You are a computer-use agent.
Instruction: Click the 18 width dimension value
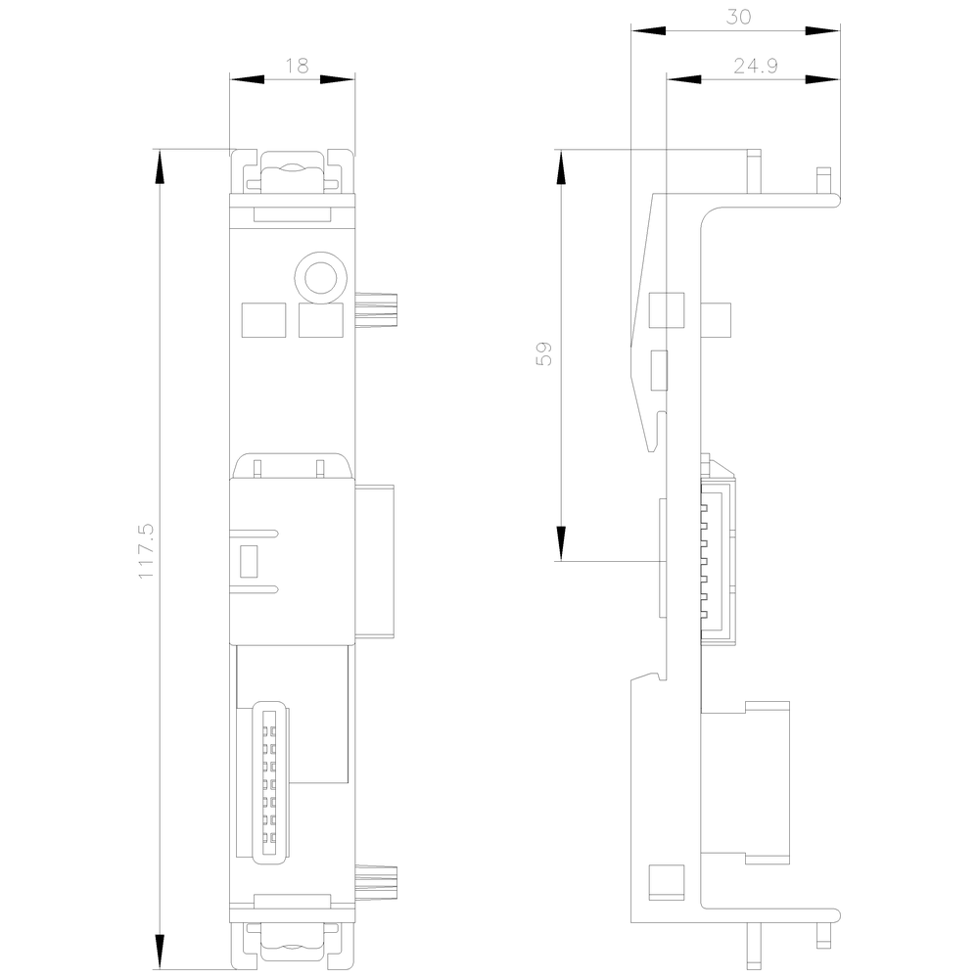point(298,66)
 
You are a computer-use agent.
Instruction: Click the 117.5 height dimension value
point(146,551)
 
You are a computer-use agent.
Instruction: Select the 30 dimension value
point(738,17)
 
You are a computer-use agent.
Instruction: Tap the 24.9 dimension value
point(756,66)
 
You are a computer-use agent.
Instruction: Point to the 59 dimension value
point(543,353)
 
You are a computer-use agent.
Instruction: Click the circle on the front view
point(320,278)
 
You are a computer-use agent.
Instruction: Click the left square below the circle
point(263,320)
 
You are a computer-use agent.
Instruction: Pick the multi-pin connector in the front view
point(269,781)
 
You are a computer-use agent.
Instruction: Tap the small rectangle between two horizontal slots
point(249,561)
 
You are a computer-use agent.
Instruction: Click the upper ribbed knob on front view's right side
point(377,309)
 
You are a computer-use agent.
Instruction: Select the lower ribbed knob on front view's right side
point(377,882)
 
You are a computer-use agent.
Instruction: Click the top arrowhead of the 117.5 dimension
point(160,166)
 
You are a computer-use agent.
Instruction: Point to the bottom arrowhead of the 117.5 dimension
point(160,953)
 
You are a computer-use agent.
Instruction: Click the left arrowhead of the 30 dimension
point(648,30)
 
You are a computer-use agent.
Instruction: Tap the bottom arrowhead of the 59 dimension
point(561,543)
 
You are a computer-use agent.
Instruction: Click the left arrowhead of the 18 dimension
point(248,79)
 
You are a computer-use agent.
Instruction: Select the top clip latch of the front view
point(292,171)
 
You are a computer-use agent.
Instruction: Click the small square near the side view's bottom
point(667,882)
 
